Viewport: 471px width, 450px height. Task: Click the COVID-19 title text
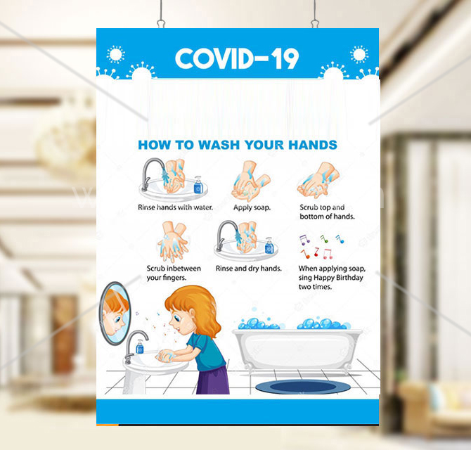tap(237, 58)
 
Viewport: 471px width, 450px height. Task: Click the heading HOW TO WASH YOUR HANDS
tap(238, 145)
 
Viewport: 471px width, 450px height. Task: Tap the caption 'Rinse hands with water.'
tap(176, 207)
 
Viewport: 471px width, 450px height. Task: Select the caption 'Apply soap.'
tap(252, 207)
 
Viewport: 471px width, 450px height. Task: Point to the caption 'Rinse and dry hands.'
tap(249, 269)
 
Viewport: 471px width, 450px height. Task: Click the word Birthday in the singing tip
tap(349, 278)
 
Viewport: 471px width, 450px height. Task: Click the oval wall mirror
tap(115, 314)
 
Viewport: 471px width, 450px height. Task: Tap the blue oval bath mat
tap(303, 387)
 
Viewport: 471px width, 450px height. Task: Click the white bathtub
tap(297, 349)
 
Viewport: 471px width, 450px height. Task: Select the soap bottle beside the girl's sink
tap(140, 347)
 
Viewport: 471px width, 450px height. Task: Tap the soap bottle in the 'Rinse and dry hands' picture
tap(269, 245)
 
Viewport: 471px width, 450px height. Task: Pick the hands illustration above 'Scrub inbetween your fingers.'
tap(173, 242)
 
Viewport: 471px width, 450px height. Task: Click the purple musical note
tap(304, 240)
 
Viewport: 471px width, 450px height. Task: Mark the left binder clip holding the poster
tap(161, 23)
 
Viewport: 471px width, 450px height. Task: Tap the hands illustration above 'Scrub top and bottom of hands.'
tap(318, 180)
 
